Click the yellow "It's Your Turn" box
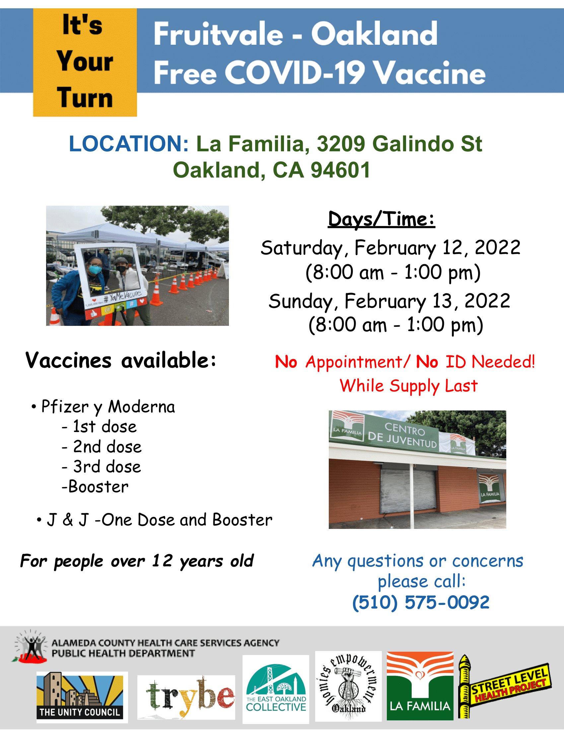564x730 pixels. coord(85,62)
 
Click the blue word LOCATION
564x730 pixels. coord(129,144)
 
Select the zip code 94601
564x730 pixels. coord(340,170)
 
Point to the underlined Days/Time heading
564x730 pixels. coord(382,220)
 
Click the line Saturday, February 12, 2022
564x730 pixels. coord(390,248)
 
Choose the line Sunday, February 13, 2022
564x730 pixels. coord(389,301)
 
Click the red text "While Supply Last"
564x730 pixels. coord(409,386)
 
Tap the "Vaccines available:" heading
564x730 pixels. coord(121,361)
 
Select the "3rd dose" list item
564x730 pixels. coord(102,467)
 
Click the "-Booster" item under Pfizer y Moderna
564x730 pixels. coord(95,487)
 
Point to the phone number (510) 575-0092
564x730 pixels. coord(421,602)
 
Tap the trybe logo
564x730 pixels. coord(186,697)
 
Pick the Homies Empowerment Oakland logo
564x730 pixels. coord(348,686)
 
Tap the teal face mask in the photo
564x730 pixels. coord(95,269)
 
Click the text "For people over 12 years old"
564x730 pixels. coord(137,561)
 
